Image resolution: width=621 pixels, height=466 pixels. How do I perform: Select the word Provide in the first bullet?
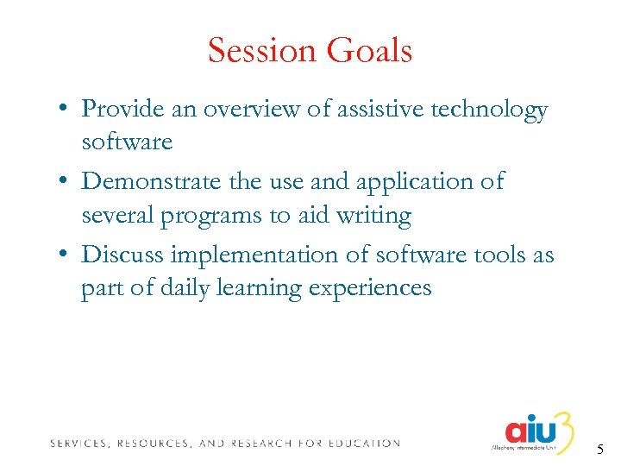coord(121,110)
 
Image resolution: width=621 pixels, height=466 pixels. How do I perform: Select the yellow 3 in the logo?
coord(564,427)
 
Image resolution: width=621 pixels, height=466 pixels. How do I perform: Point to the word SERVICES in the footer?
coord(79,444)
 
